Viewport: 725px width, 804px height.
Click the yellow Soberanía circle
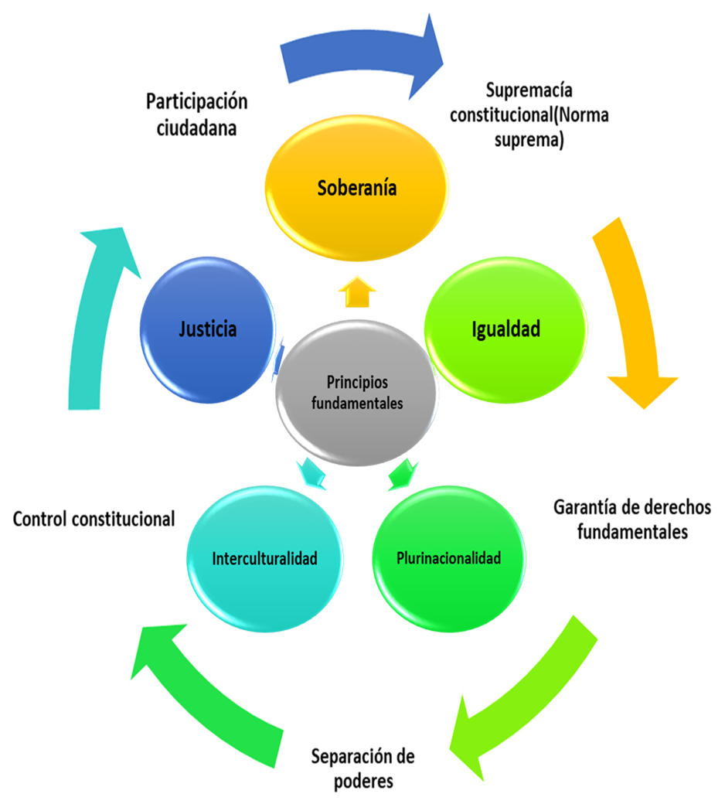[356, 189]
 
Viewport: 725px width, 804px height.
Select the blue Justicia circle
[208, 330]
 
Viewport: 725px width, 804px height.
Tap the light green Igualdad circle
[505, 329]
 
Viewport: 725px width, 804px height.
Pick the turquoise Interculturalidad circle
[264, 559]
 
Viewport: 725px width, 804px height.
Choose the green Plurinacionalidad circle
[448, 558]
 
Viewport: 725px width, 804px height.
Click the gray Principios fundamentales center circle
[357, 393]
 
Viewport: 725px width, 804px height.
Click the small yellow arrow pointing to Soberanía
[357, 292]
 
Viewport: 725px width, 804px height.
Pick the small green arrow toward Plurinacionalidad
[402, 472]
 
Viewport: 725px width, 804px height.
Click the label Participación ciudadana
[196, 114]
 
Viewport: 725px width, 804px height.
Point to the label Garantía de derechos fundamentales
[632, 520]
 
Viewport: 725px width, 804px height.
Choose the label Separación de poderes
[363, 768]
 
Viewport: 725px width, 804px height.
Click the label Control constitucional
[94, 519]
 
